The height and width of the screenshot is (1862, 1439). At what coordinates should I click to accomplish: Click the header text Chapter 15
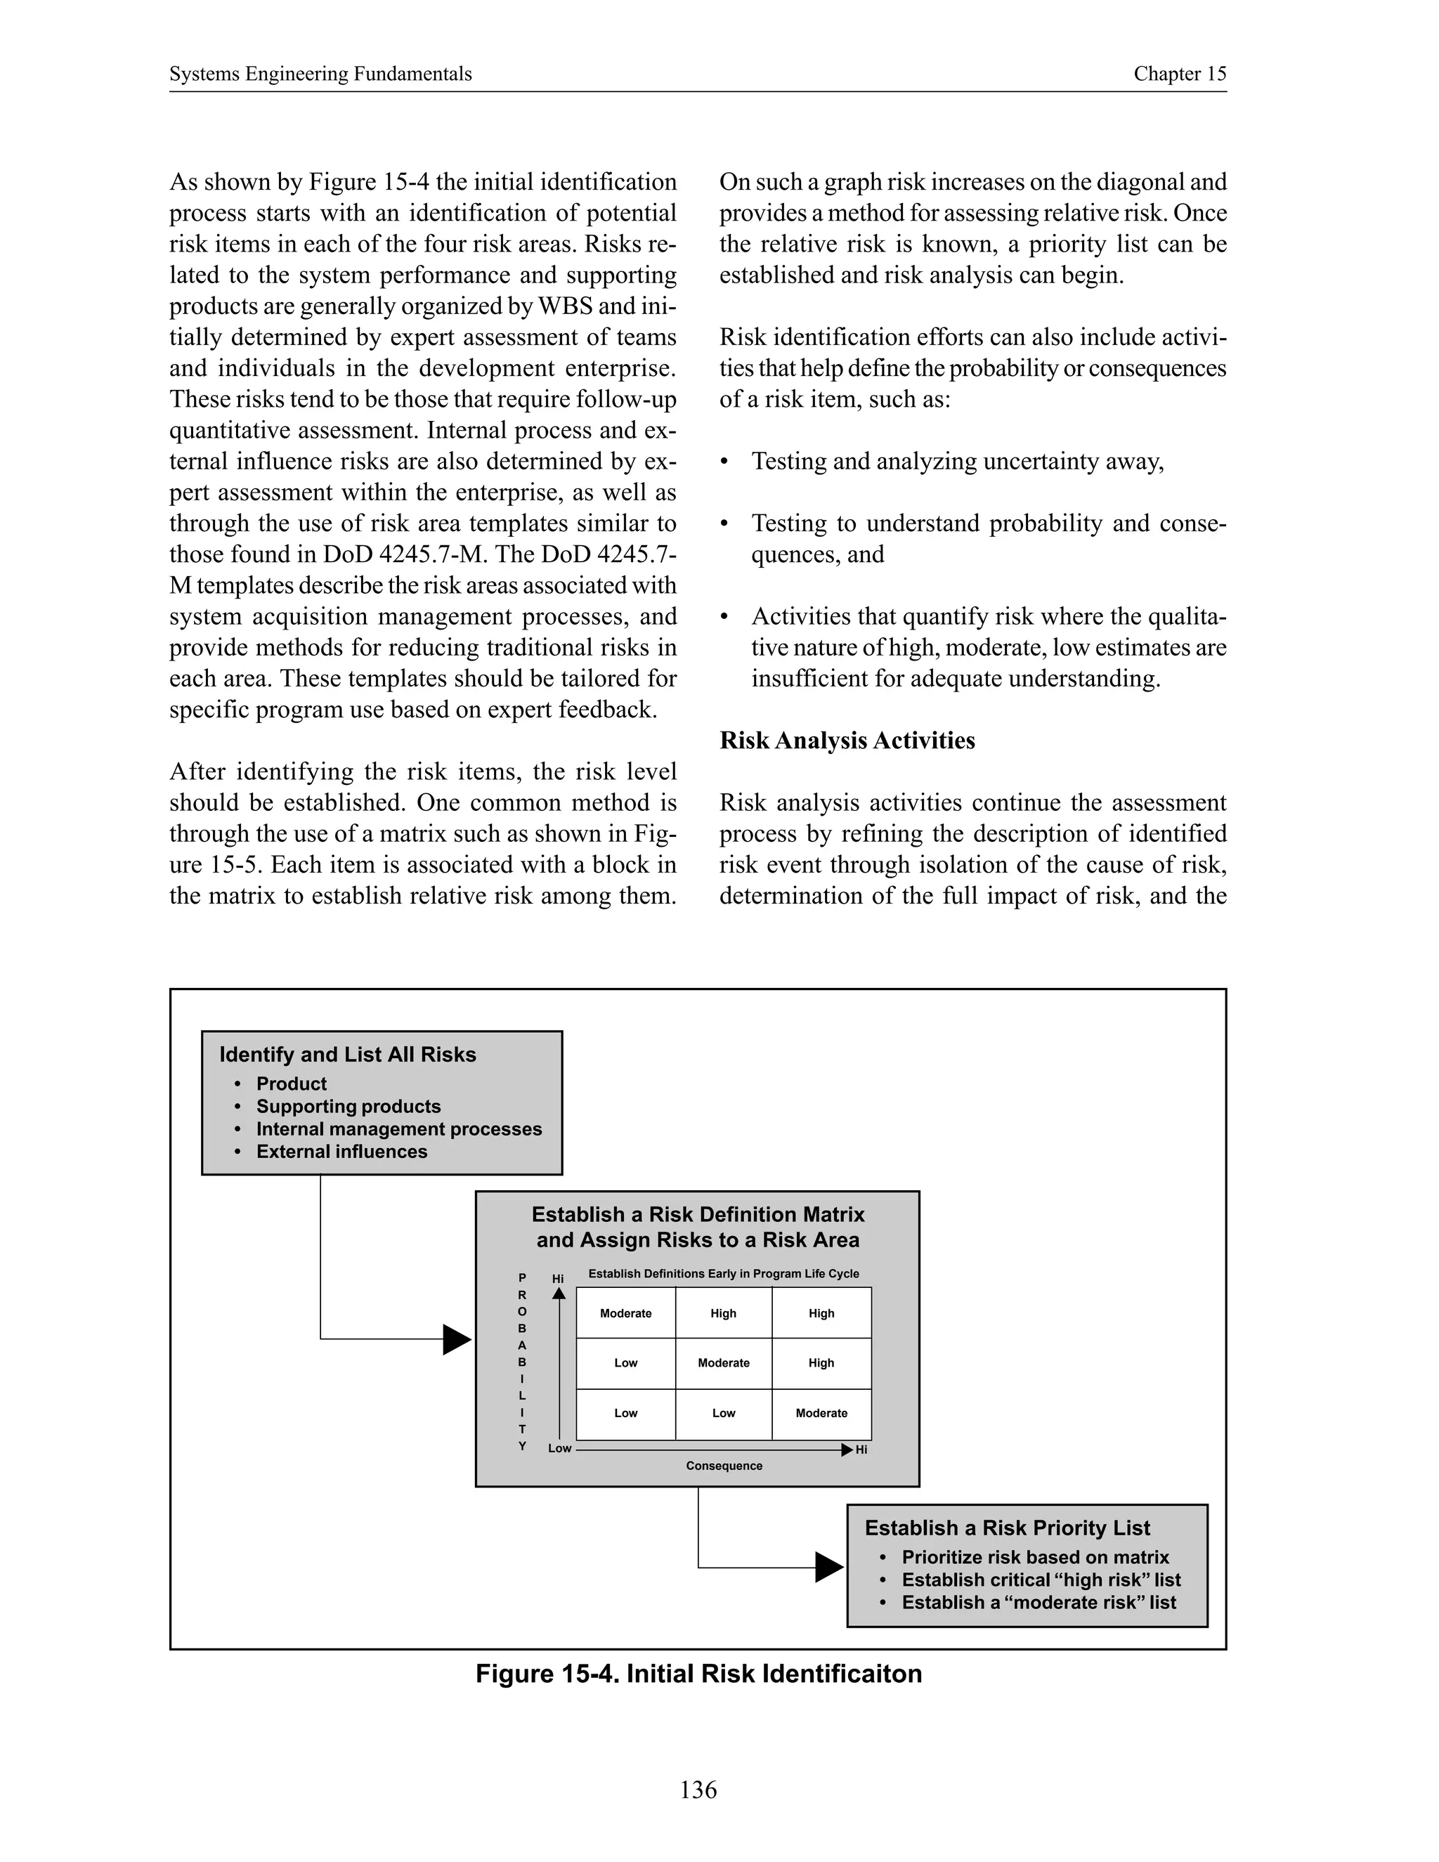[1179, 74]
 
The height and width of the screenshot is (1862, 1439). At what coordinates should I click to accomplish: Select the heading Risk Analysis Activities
[847, 740]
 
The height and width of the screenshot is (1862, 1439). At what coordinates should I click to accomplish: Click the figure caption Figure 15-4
[698, 1674]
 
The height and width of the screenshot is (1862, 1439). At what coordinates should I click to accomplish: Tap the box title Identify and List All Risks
[347, 1055]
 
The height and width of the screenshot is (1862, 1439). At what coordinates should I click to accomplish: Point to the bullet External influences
[341, 1152]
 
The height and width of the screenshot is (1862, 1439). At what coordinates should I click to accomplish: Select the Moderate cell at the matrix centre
[723, 1363]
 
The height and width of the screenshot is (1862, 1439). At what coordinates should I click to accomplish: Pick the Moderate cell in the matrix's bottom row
[821, 1413]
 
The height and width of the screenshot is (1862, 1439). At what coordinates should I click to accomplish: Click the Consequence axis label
[724, 1466]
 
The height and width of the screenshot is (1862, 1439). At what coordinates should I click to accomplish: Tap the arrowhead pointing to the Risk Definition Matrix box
[456, 1339]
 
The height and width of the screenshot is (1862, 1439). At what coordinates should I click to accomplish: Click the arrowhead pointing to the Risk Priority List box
[828, 1567]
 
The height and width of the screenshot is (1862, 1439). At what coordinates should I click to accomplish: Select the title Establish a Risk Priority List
[1007, 1528]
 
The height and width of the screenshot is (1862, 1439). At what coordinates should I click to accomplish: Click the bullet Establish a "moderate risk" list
[1038, 1602]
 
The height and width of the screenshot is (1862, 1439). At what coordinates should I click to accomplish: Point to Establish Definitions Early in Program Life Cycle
[723, 1274]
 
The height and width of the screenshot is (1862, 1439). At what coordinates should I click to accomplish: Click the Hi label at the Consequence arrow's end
[861, 1450]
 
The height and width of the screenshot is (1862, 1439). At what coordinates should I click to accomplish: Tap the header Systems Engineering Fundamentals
[320, 74]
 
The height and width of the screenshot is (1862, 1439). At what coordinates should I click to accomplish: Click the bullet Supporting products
[348, 1107]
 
